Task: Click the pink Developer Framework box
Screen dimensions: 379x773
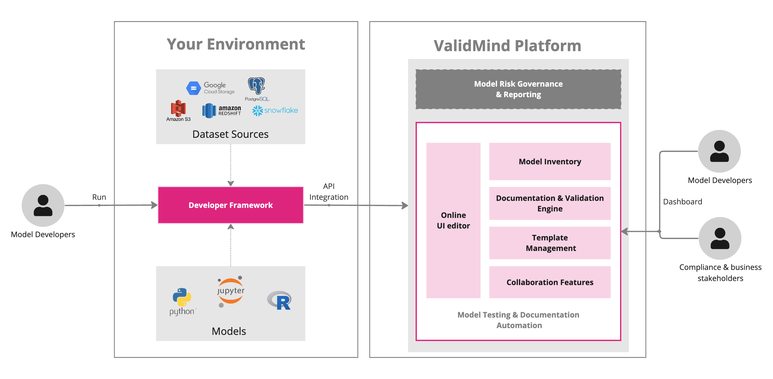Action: pos(231,205)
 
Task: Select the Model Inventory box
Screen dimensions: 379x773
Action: pos(550,162)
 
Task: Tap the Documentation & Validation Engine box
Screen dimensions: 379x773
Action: pos(550,203)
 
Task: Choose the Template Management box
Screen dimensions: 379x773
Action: pos(550,243)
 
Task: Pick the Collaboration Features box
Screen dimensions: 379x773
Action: pos(550,282)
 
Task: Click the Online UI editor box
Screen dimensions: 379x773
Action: pos(453,220)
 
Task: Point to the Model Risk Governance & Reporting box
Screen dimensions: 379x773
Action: pos(518,89)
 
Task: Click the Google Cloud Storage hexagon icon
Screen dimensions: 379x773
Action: pos(193,88)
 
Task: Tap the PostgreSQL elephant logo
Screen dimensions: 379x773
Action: pos(256,86)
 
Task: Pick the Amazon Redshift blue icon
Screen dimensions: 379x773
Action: pos(209,111)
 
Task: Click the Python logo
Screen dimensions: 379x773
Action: pos(182,297)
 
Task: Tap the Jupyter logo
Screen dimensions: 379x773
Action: pos(231,291)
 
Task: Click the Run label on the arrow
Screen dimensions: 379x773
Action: pos(99,197)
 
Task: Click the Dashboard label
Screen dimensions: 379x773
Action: pos(682,202)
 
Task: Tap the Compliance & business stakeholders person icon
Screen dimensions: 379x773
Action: pos(720,238)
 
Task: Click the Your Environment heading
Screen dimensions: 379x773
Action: pos(236,44)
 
